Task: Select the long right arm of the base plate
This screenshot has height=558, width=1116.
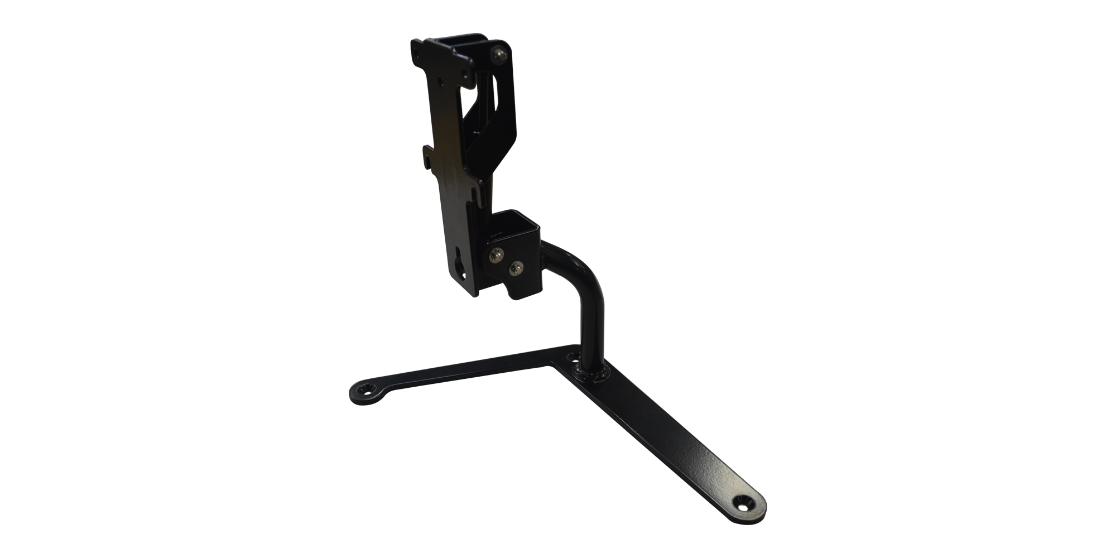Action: pyautogui.click(x=670, y=435)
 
